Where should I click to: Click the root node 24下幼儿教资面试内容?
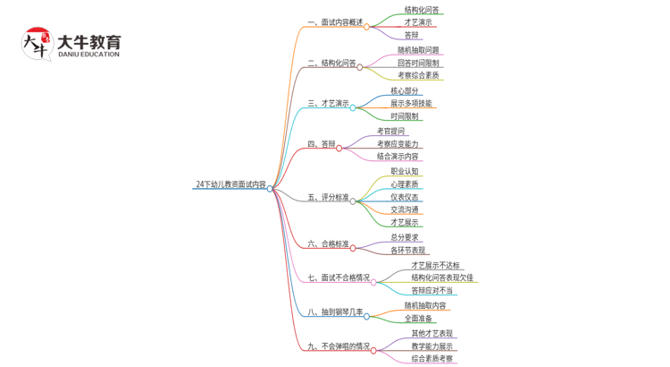(230, 184)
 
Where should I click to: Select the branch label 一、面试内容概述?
(335, 22)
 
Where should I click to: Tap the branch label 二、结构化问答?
(331, 64)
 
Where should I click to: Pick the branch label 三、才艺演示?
(328, 104)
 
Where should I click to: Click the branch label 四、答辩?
(322, 144)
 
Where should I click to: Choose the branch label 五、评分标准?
(328, 197)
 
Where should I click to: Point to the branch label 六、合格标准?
(328, 243)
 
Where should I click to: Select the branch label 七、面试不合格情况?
(338, 278)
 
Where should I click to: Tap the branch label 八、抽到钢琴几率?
(335, 312)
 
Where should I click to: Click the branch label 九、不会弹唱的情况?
(338, 346)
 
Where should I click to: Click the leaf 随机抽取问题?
(418, 50)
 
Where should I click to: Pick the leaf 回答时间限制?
(418, 64)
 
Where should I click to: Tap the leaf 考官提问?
(390, 131)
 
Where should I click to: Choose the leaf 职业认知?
(404, 171)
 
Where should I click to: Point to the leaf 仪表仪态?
(404, 197)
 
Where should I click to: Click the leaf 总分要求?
(404, 237)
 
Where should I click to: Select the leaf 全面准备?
(418, 318)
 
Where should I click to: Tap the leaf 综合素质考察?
(431, 359)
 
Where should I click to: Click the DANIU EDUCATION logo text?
(88, 54)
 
